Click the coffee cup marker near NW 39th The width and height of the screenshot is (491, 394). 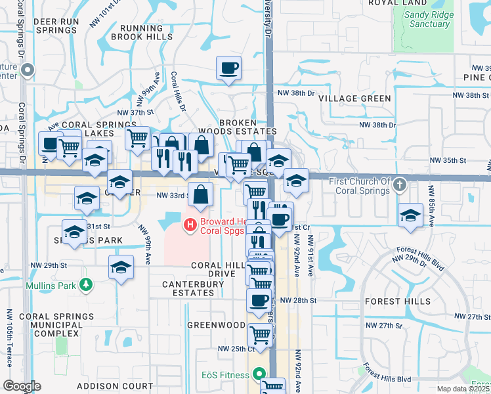click(x=228, y=68)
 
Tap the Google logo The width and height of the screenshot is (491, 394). click(x=22, y=386)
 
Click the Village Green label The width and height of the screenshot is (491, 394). click(x=354, y=98)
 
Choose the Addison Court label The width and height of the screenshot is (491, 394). click(x=106, y=386)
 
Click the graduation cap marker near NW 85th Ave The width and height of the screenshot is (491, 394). click(x=411, y=215)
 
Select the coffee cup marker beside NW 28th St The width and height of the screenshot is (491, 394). click(x=259, y=301)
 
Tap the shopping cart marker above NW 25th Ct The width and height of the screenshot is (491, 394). click(x=261, y=335)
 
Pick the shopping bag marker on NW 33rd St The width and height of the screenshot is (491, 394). click(x=201, y=194)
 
